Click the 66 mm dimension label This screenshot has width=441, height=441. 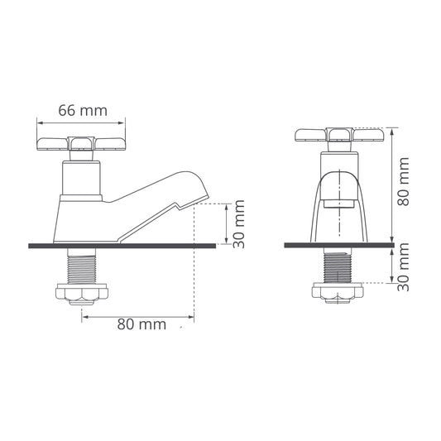click(82, 109)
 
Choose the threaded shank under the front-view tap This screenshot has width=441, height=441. click(340, 266)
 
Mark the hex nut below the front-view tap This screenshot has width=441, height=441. click(340, 292)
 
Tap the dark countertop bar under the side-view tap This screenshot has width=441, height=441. click(124, 245)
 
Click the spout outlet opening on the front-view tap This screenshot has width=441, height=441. click(340, 201)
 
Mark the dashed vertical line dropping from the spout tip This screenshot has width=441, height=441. click(194, 273)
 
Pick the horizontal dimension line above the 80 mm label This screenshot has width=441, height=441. click(137, 315)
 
